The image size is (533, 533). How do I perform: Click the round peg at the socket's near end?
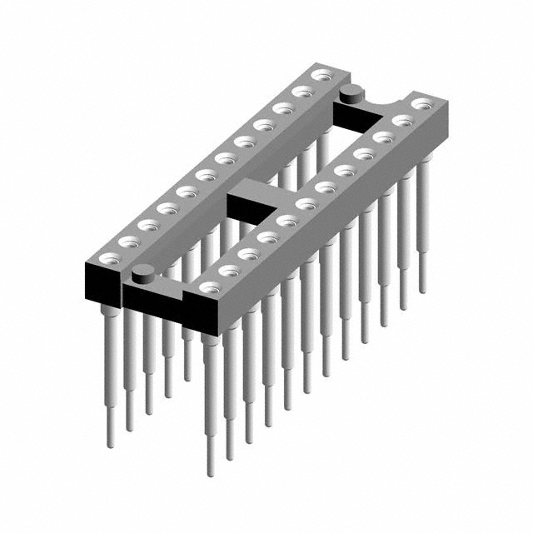pyautogui.click(x=142, y=270)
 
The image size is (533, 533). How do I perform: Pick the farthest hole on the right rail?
pyautogui.click(x=422, y=104)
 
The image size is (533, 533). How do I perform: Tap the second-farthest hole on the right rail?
pyautogui.click(x=404, y=120)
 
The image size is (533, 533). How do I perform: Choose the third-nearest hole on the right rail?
pyautogui.click(x=247, y=253)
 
